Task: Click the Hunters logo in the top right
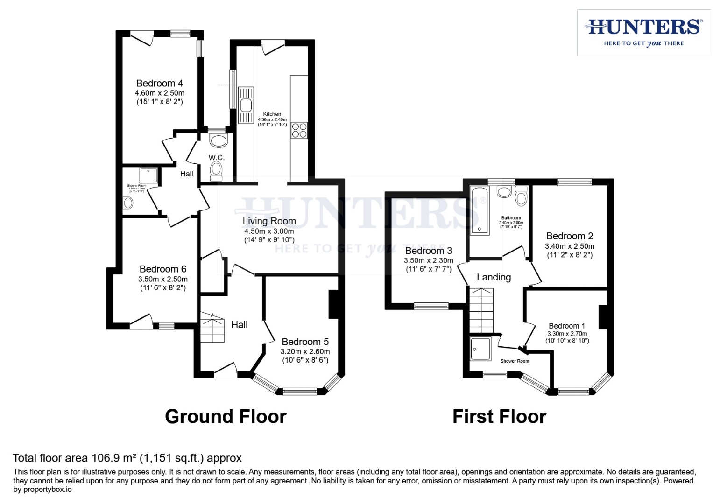643,32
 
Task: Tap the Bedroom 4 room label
159,84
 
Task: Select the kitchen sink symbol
246,105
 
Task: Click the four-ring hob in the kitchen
299,130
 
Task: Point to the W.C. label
216,158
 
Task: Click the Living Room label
269,221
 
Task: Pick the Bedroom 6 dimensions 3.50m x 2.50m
162,279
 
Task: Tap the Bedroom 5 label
305,342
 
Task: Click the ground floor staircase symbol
212,328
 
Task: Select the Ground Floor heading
226,416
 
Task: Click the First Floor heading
499,416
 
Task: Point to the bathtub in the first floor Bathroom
479,210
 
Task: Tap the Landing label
494,277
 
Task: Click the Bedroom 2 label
569,236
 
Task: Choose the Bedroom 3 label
428,251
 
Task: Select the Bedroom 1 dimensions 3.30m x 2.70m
567,334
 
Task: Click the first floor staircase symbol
481,310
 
